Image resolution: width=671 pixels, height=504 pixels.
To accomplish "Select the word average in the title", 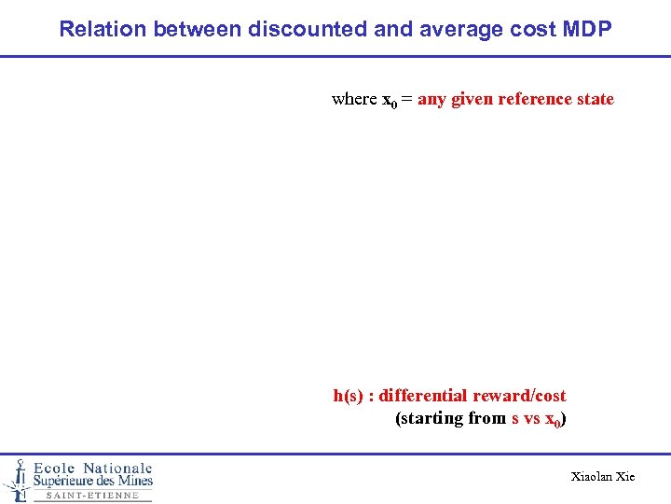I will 460,29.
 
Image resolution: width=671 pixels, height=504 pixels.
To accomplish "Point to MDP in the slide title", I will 588,29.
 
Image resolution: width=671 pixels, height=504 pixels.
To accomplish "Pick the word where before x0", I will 354,99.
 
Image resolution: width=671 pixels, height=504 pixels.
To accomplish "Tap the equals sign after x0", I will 407,100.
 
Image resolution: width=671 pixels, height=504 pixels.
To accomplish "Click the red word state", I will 596,99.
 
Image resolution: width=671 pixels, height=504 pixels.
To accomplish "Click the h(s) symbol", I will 349,396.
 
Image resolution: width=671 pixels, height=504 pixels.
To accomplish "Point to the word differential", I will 423,396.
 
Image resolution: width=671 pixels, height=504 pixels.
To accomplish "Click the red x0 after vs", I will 553,419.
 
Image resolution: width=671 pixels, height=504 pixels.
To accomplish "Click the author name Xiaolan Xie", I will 602,477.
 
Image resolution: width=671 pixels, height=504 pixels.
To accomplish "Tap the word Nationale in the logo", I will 117,468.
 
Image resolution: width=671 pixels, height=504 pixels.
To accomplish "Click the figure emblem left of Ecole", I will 16,478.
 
